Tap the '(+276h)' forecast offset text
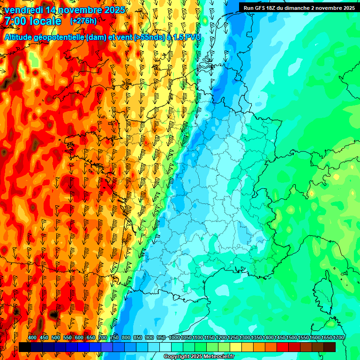tap(83, 21)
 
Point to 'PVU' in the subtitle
tap(192, 37)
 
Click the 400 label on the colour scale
tap(32, 337)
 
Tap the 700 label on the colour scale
tap(103, 337)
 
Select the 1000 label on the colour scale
tap(174, 337)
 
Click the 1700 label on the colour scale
tap(338, 337)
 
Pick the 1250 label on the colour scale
tap(233, 337)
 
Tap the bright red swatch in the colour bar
tap(282, 347)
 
